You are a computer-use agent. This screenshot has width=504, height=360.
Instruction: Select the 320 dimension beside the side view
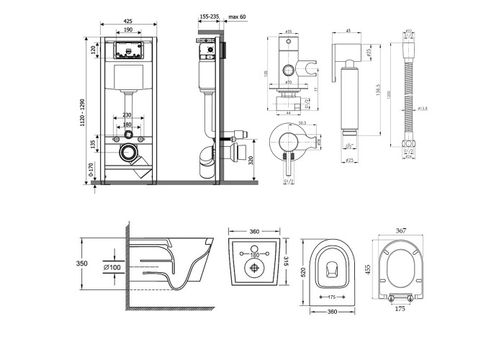click(x=249, y=159)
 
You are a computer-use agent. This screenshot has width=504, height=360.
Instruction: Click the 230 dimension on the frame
click(x=127, y=115)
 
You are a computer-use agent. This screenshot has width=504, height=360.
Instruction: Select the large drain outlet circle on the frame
click(x=127, y=153)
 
